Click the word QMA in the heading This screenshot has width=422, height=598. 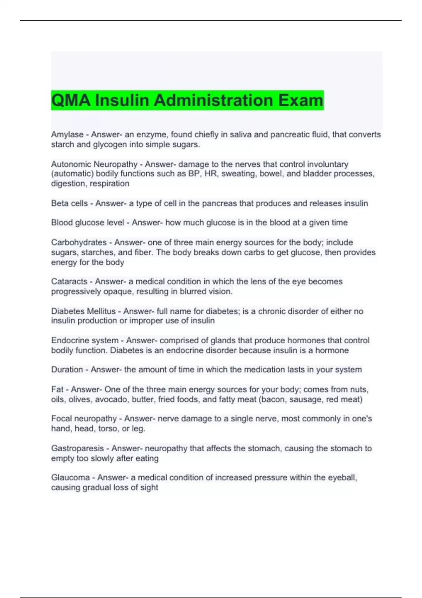(x=71, y=100)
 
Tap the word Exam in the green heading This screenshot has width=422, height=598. (x=301, y=100)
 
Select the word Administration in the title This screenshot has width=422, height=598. (x=213, y=100)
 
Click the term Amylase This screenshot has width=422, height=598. (x=67, y=135)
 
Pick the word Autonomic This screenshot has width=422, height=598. (x=71, y=164)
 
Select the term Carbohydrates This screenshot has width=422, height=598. (x=78, y=242)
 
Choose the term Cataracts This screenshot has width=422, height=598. (x=69, y=281)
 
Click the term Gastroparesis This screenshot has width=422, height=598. (x=77, y=448)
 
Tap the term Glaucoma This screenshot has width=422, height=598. (x=70, y=478)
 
